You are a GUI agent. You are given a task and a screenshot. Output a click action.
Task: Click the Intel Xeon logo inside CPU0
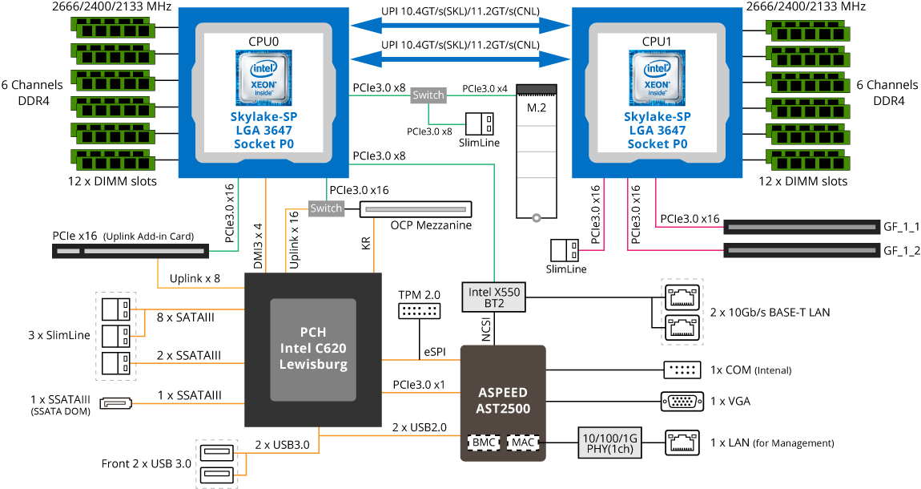[263, 78]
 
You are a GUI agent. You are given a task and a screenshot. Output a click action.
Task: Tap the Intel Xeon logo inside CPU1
[658, 78]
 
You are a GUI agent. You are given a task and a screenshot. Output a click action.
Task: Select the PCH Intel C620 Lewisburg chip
[313, 350]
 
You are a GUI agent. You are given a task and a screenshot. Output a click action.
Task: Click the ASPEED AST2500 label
[504, 400]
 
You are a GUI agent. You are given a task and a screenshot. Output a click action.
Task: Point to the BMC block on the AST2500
[484, 443]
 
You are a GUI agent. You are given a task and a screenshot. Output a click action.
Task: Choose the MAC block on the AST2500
[523, 443]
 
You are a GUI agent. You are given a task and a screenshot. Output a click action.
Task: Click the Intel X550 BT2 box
[494, 297]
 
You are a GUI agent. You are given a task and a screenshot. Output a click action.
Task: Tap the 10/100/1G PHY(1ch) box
[609, 443]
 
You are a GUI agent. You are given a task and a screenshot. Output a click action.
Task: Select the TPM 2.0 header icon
[419, 311]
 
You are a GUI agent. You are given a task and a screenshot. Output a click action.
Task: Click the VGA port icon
[682, 402]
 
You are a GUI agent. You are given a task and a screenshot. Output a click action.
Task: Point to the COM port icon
[682, 370]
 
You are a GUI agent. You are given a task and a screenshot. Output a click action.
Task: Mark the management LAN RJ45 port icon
[682, 443]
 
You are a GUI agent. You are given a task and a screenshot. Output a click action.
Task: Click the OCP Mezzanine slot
[416, 208]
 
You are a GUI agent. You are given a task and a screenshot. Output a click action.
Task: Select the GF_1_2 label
[902, 251]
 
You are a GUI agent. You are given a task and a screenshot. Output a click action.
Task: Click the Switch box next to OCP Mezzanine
[326, 208]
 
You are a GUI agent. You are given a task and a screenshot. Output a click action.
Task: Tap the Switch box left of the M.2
[428, 95]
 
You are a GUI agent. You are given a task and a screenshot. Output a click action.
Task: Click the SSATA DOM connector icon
[115, 403]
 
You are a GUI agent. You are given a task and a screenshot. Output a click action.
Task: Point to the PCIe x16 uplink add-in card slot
[131, 251]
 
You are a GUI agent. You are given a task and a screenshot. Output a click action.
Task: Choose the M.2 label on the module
[537, 107]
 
